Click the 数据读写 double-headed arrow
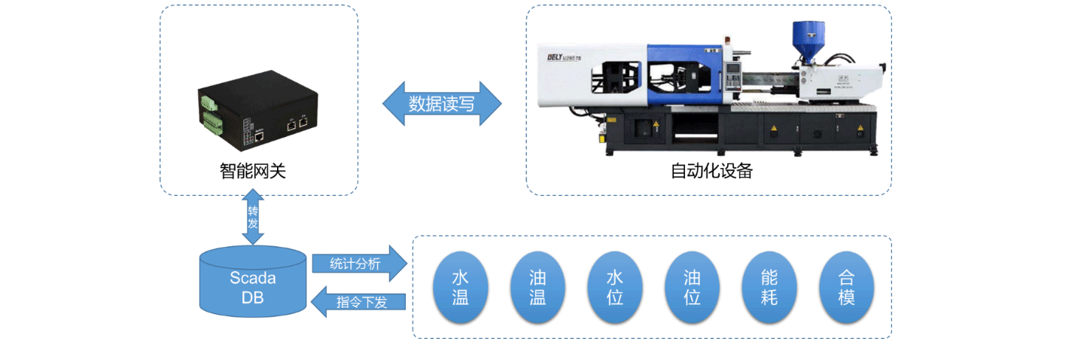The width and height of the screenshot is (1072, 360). coord(442,103)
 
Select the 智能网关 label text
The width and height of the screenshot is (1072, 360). coord(253,172)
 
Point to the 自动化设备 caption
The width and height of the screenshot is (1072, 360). coord(711,171)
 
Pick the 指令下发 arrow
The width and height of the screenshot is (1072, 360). coord(360,302)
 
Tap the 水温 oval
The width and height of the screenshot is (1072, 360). coord(460,288)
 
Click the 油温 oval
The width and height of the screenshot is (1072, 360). coord(538,288)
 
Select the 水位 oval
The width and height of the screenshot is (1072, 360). coord(615,288)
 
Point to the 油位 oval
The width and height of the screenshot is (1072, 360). coord(693,288)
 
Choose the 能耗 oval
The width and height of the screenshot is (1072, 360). coord(769,288)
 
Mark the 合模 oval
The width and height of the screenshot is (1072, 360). coord(847,288)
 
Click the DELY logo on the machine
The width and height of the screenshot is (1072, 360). coord(561,56)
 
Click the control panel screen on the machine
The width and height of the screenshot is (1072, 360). coord(732,75)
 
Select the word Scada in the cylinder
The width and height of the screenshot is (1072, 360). coord(253,278)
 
